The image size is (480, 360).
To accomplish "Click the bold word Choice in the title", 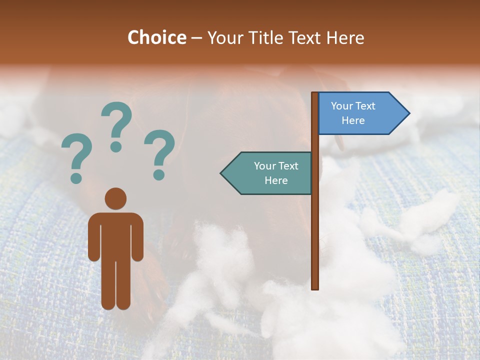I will (156, 37).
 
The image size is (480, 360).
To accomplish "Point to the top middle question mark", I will (116, 120).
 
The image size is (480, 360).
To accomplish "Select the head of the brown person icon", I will (115, 198).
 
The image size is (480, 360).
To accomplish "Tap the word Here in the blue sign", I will (353, 120).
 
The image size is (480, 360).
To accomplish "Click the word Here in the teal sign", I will (276, 180).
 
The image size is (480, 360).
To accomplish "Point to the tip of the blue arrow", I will (408, 113).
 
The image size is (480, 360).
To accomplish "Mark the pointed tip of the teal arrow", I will (221, 173).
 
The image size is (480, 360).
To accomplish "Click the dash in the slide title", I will (196, 38).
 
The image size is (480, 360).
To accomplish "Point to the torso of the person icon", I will (115, 235).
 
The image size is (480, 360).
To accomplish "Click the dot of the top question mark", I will (116, 146).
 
